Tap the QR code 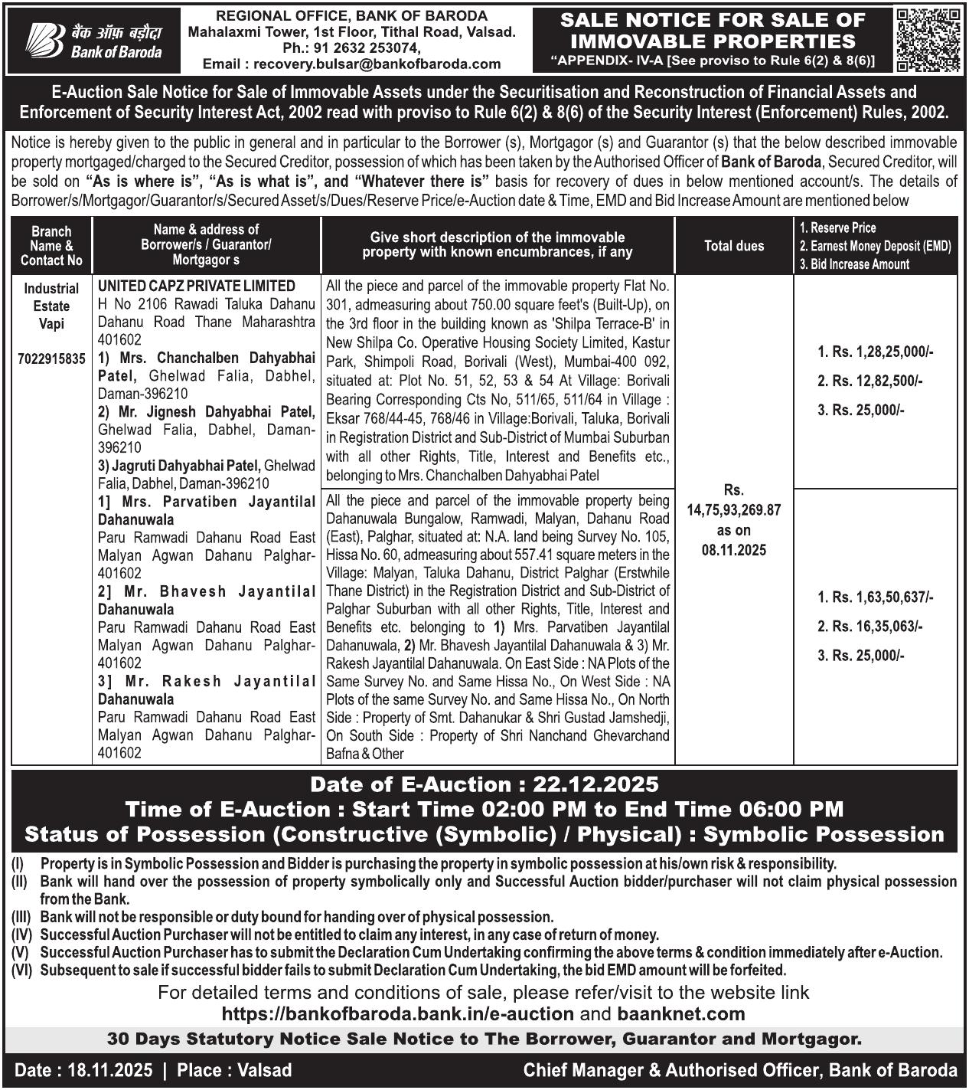(928, 40)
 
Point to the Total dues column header (733, 246)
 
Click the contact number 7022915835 (52, 358)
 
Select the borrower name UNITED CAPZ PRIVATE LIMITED (197, 286)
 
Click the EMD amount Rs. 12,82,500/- (870, 381)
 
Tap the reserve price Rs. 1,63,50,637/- (876, 597)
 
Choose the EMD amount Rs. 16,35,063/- (870, 627)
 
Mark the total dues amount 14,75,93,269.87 (733, 510)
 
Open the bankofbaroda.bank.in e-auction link (397, 1014)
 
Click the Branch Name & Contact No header (52, 246)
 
